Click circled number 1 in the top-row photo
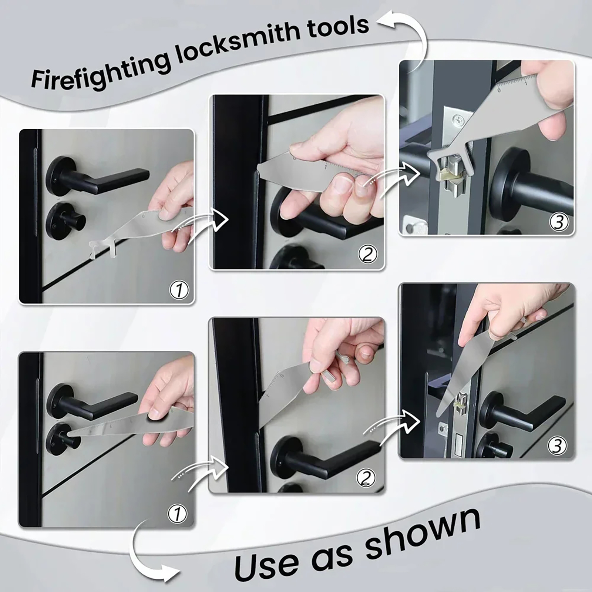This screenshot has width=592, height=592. (179, 289)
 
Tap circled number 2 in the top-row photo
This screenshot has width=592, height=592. (367, 254)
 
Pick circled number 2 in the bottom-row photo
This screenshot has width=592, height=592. (366, 478)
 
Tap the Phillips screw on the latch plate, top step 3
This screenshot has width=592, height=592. (458, 120)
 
